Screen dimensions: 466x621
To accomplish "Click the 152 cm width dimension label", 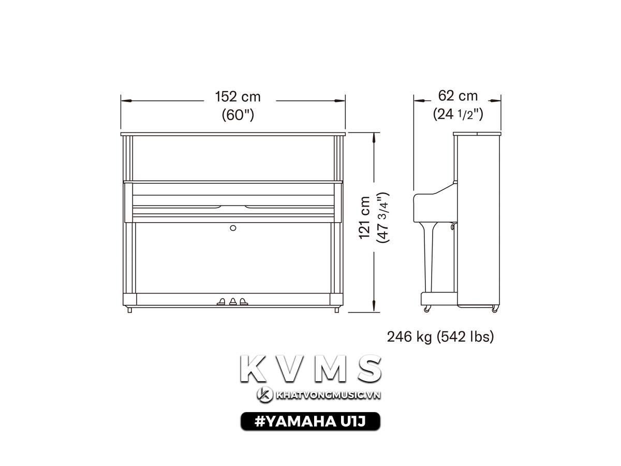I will click(x=238, y=96).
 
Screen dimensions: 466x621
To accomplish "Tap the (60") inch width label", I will click(x=238, y=114).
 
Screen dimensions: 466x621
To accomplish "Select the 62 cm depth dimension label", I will click(x=457, y=96).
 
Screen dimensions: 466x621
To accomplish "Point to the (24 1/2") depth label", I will click(x=458, y=114).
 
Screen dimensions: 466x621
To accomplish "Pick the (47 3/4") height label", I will click(x=382, y=217).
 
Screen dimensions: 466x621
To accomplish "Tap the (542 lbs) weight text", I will click(x=465, y=337).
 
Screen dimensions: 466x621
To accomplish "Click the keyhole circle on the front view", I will click(x=233, y=228).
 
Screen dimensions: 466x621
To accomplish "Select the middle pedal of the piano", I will click(x=232, y=301).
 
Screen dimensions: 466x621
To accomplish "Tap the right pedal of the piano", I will click(x=243, y=301).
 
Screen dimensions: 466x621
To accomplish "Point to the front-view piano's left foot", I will click(x=129, y=310).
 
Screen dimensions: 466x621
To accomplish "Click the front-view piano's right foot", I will click(x=337, y=310).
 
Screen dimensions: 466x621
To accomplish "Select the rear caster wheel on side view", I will click(x=495, y=310).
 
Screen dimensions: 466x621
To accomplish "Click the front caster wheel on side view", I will click(x=427, y=310).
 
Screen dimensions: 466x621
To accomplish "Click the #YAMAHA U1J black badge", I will click(x=310, y=422).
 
